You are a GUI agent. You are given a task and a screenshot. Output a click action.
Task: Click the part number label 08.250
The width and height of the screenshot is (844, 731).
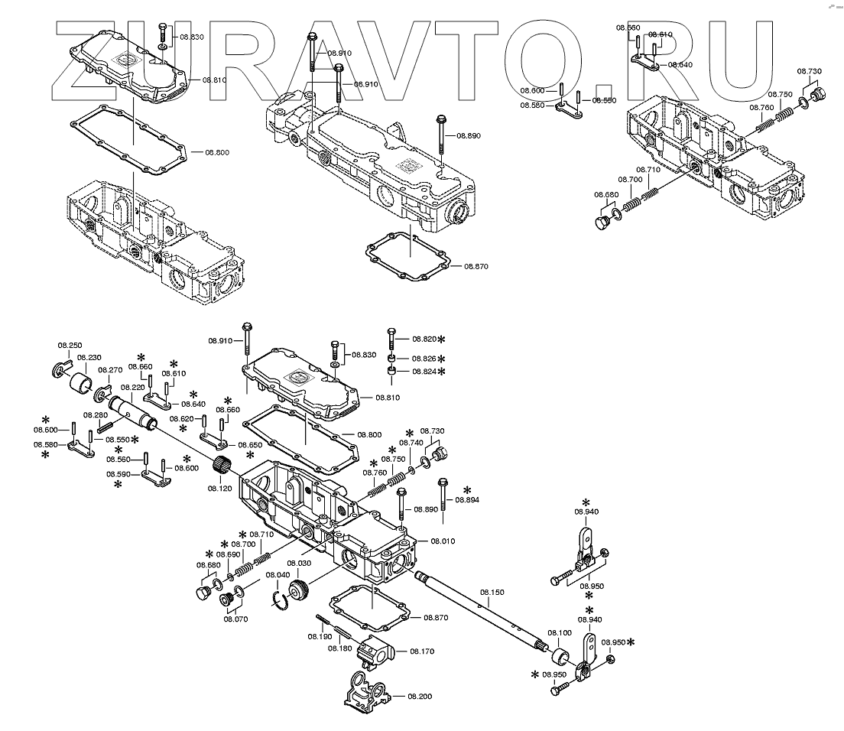coord(70,346)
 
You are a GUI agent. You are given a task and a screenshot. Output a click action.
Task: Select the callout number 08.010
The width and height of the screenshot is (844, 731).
coord(442,541)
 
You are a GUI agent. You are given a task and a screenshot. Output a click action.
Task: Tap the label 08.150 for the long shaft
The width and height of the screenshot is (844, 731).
coord(492,592)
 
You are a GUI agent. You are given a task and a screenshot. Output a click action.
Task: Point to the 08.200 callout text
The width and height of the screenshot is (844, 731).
coord(420,697)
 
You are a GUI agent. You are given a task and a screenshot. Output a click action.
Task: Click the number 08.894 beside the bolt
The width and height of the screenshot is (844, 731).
coord(466,499)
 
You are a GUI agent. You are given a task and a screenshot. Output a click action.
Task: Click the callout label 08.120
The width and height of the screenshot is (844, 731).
coord(219,487)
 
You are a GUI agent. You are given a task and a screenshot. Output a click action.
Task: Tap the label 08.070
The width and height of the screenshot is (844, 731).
coord(235,619)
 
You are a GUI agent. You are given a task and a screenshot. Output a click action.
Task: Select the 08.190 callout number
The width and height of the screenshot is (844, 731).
coord(320,636)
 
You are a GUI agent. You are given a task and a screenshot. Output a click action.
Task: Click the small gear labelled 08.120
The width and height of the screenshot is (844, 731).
coord(222,463)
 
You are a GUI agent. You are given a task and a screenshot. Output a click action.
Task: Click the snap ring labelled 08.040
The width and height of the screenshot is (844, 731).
coord(281,600)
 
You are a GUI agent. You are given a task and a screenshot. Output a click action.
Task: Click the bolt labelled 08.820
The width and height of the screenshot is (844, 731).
coord(391,339)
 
